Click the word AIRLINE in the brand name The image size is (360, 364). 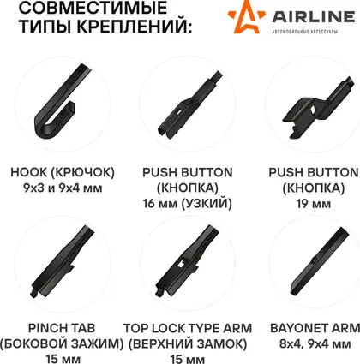tap(314, 17)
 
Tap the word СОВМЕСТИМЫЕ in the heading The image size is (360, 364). tap(93, 8)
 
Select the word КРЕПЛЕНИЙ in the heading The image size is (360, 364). tap(134, 27)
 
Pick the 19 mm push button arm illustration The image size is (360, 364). tap(319, 107)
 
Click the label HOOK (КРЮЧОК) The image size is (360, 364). tap(63, 173)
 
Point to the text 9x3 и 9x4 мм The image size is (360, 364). tap(63, 188)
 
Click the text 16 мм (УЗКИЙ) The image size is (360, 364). tap(188, 204)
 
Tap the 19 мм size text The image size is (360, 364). tap(314, 204)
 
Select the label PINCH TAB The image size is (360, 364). tap(62, 328)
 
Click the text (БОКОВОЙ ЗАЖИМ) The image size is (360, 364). tap(62, 344)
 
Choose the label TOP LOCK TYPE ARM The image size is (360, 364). tap(188, 328)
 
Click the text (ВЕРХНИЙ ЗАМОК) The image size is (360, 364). tap(188, 344)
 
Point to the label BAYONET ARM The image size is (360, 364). tap(315, 328)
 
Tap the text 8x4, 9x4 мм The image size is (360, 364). tap(315, 344)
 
